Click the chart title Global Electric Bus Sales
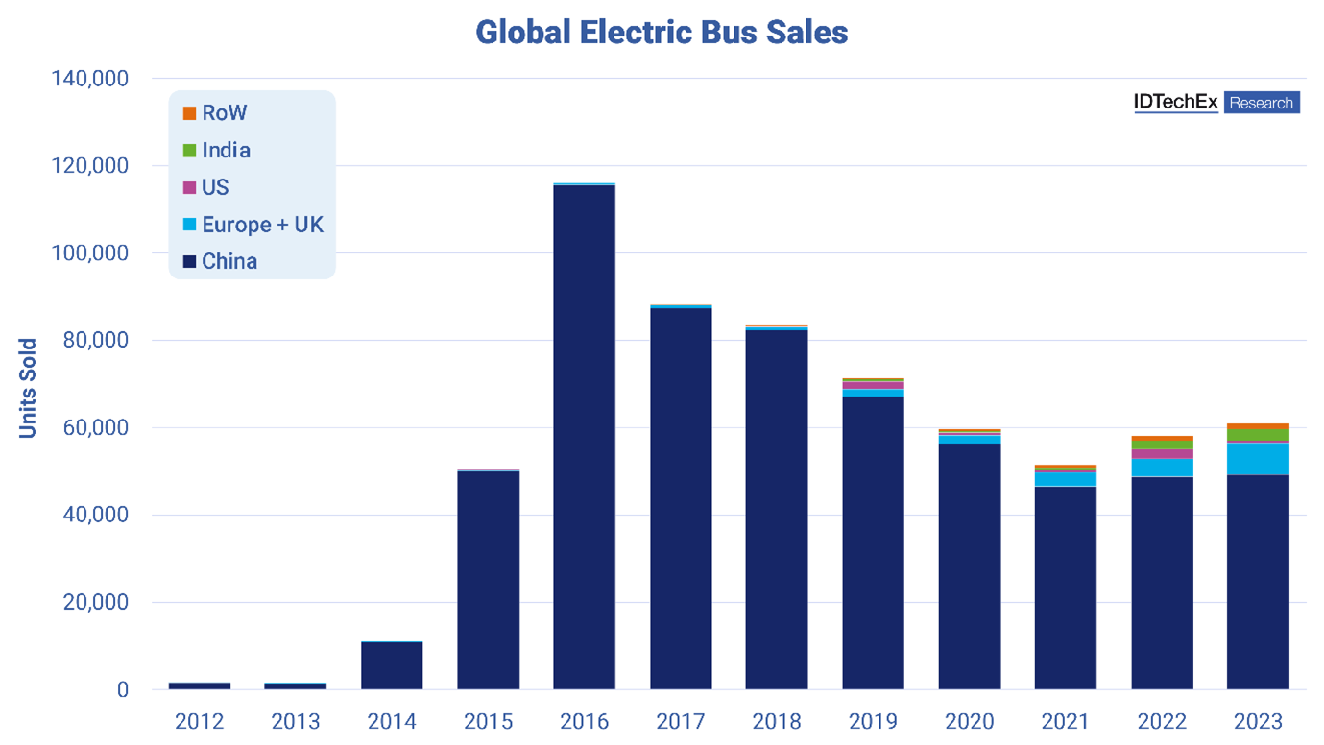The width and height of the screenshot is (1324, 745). [x=662, y=32]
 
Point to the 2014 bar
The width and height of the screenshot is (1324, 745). [x=392, y=665]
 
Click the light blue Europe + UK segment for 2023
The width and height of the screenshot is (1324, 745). [x=1258, y=458]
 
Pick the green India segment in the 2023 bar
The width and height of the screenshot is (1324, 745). [x=1258, y=435]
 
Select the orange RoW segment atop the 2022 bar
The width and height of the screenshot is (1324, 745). [x=1162, y=439]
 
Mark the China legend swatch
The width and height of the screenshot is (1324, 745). [x=189, y=261]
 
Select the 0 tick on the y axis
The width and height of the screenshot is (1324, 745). [x=122, y=690]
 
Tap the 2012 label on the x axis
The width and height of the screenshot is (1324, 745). [x=200, y=721]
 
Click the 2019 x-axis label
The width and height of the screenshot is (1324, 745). [x=873, y=721]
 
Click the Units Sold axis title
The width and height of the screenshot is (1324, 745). [x=28, y=388]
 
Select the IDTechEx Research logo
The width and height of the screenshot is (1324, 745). [x=1216, y=103]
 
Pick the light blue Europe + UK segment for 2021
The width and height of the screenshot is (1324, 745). [x=1066, y=479]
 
